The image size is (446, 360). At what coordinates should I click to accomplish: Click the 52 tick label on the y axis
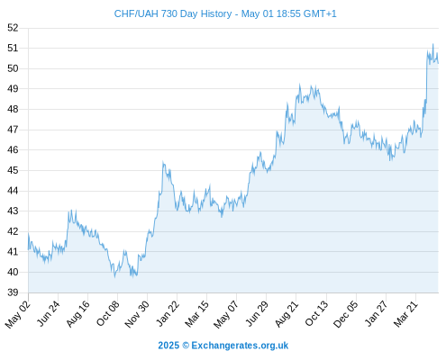pyautogui.click(x=13, y=28)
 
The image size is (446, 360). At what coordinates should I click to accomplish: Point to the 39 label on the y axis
pyautogui.click(x=13, y=292)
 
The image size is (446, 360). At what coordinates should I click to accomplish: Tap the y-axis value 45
pyautogui.click(x=13, y=170)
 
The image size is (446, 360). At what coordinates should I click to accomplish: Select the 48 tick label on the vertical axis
pyautogui.click(x=13, y=109)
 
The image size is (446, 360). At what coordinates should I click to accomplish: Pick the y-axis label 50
pyautogui.click(x=13, y=68)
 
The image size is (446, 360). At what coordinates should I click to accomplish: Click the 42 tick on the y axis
pyautogui.click(x=13, y=231)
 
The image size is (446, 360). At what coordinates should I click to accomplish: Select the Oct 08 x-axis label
pyautogui.click(x=108, y=313)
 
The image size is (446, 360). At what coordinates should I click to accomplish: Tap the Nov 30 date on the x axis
pyautogui.click(x=137, y=314)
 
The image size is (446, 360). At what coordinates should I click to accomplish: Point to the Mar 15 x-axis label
pyautogui.click(x=197, y=314)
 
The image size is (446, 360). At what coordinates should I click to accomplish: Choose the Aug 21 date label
pyautogui.click(x=287, y=314)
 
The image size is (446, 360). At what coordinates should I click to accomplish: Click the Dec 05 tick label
pyautogui.click(x=346, y=314)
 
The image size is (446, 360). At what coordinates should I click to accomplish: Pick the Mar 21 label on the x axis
pyautogui.click(x=406, y=314)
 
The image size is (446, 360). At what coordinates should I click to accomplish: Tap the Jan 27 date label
pyautogui.click(x=377, y=313)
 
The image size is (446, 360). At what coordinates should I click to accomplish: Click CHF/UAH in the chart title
pyautogui.click(x=136, y=13)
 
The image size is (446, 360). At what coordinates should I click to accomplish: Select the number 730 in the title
pyautogui.click(x=169, y=13)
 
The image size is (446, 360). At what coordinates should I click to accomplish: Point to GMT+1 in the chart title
pyautogui.click(x=320, y=13)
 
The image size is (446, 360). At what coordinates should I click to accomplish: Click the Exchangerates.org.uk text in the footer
pyautogui.click(x=240, y=346)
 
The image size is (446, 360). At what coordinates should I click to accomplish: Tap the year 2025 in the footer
pyautogui.click(x=168, y=346)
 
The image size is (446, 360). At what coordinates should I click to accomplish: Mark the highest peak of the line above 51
pyautogui.click(x=432, y=44)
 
